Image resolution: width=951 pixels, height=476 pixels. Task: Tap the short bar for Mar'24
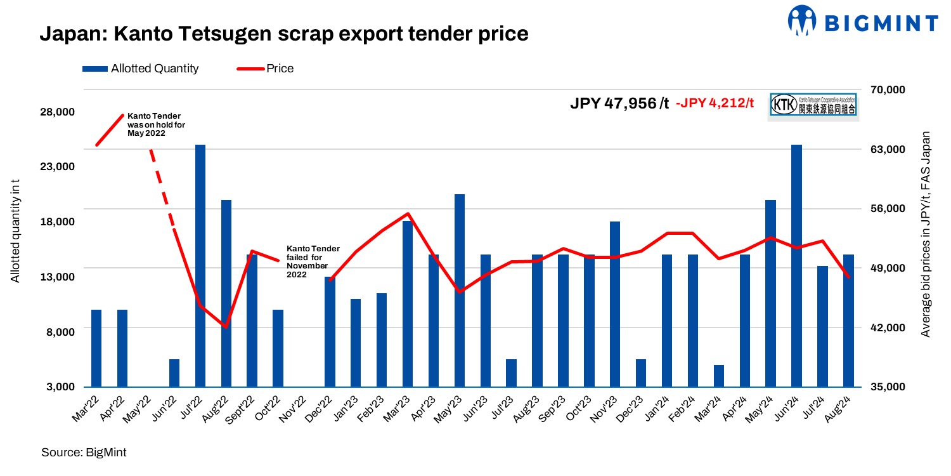pos(718,376)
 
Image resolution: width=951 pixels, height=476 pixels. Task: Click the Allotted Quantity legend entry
pos(141,69)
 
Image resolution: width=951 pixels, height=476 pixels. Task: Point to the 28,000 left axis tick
pos(58,112)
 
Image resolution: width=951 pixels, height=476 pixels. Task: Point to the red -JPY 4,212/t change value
pos(715,103)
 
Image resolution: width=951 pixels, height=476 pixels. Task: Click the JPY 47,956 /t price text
pos(619,103)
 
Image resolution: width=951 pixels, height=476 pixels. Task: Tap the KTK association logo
pos(813,105)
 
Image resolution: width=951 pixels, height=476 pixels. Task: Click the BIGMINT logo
pos(863,22)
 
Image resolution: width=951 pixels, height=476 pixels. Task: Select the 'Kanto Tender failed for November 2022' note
pos(313,261)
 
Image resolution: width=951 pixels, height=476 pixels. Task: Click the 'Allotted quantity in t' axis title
pos(15,231)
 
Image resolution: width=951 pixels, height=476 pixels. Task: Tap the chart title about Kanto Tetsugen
pos(284,33)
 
